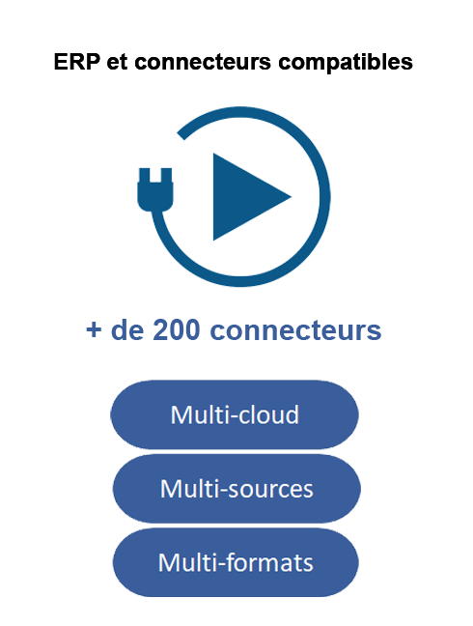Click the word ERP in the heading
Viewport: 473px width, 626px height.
(x=76, y=62)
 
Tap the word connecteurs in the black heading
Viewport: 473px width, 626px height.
(x=203, y=63)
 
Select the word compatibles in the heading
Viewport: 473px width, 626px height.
(x=346, y=63)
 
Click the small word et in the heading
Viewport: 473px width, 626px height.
(x=117, y=63)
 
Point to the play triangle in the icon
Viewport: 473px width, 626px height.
(x=247, y=196)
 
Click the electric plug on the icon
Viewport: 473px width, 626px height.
(x=155, y=189)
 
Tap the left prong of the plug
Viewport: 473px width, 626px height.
(x=144, y=175)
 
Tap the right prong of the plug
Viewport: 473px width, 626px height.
(x=166, y=175)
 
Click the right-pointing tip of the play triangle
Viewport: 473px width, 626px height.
(x=292, y=196)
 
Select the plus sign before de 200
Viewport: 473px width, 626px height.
(x=94, y=329)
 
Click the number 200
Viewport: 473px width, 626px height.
(x=176, y=329)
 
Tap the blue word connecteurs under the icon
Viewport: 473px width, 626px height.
(x=295, y=330)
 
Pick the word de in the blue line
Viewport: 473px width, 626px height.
(x=126, y=329)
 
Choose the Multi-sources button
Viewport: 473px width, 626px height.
(x=236, y=488)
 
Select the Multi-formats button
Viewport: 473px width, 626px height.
(x=236, y=562)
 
